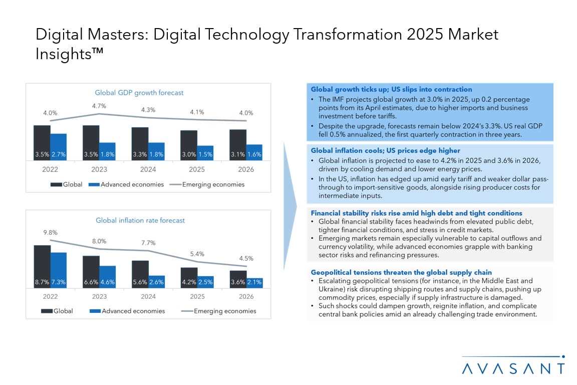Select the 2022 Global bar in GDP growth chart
tap(42, 142)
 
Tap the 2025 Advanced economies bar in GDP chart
tap(205, 153)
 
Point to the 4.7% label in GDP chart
tap(99, 106)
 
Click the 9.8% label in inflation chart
tap(50, 233)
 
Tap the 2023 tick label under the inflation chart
tap(99, 296)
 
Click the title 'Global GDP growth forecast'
tap(139, 93)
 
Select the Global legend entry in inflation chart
tap(57, 311)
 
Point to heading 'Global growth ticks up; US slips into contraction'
tap(391, 90)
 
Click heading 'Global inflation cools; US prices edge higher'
tap(385, 150)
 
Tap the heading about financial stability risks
tap(416, 213)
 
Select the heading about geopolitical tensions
tap(401, 273)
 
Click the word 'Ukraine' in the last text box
tap(332, 290)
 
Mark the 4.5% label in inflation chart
tap(246, 259)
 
